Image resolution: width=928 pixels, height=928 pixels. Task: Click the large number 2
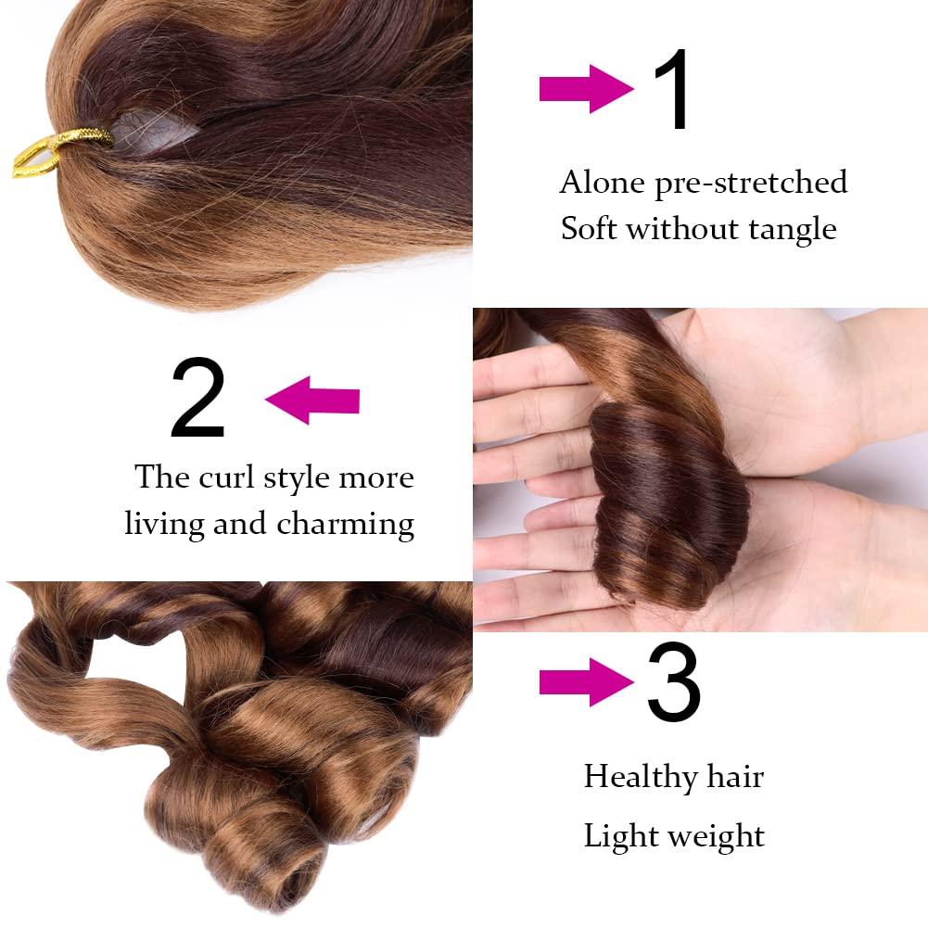tap(197, 400)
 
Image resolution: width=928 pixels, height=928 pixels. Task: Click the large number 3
tap(673, 686)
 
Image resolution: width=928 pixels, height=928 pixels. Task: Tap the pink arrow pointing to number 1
tap(585, 90)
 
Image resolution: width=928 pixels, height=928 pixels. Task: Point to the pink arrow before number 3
tap(585, 684)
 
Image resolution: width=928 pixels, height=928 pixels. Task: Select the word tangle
tap(793, 228)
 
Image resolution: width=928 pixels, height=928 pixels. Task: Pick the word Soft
tap(590, 228)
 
